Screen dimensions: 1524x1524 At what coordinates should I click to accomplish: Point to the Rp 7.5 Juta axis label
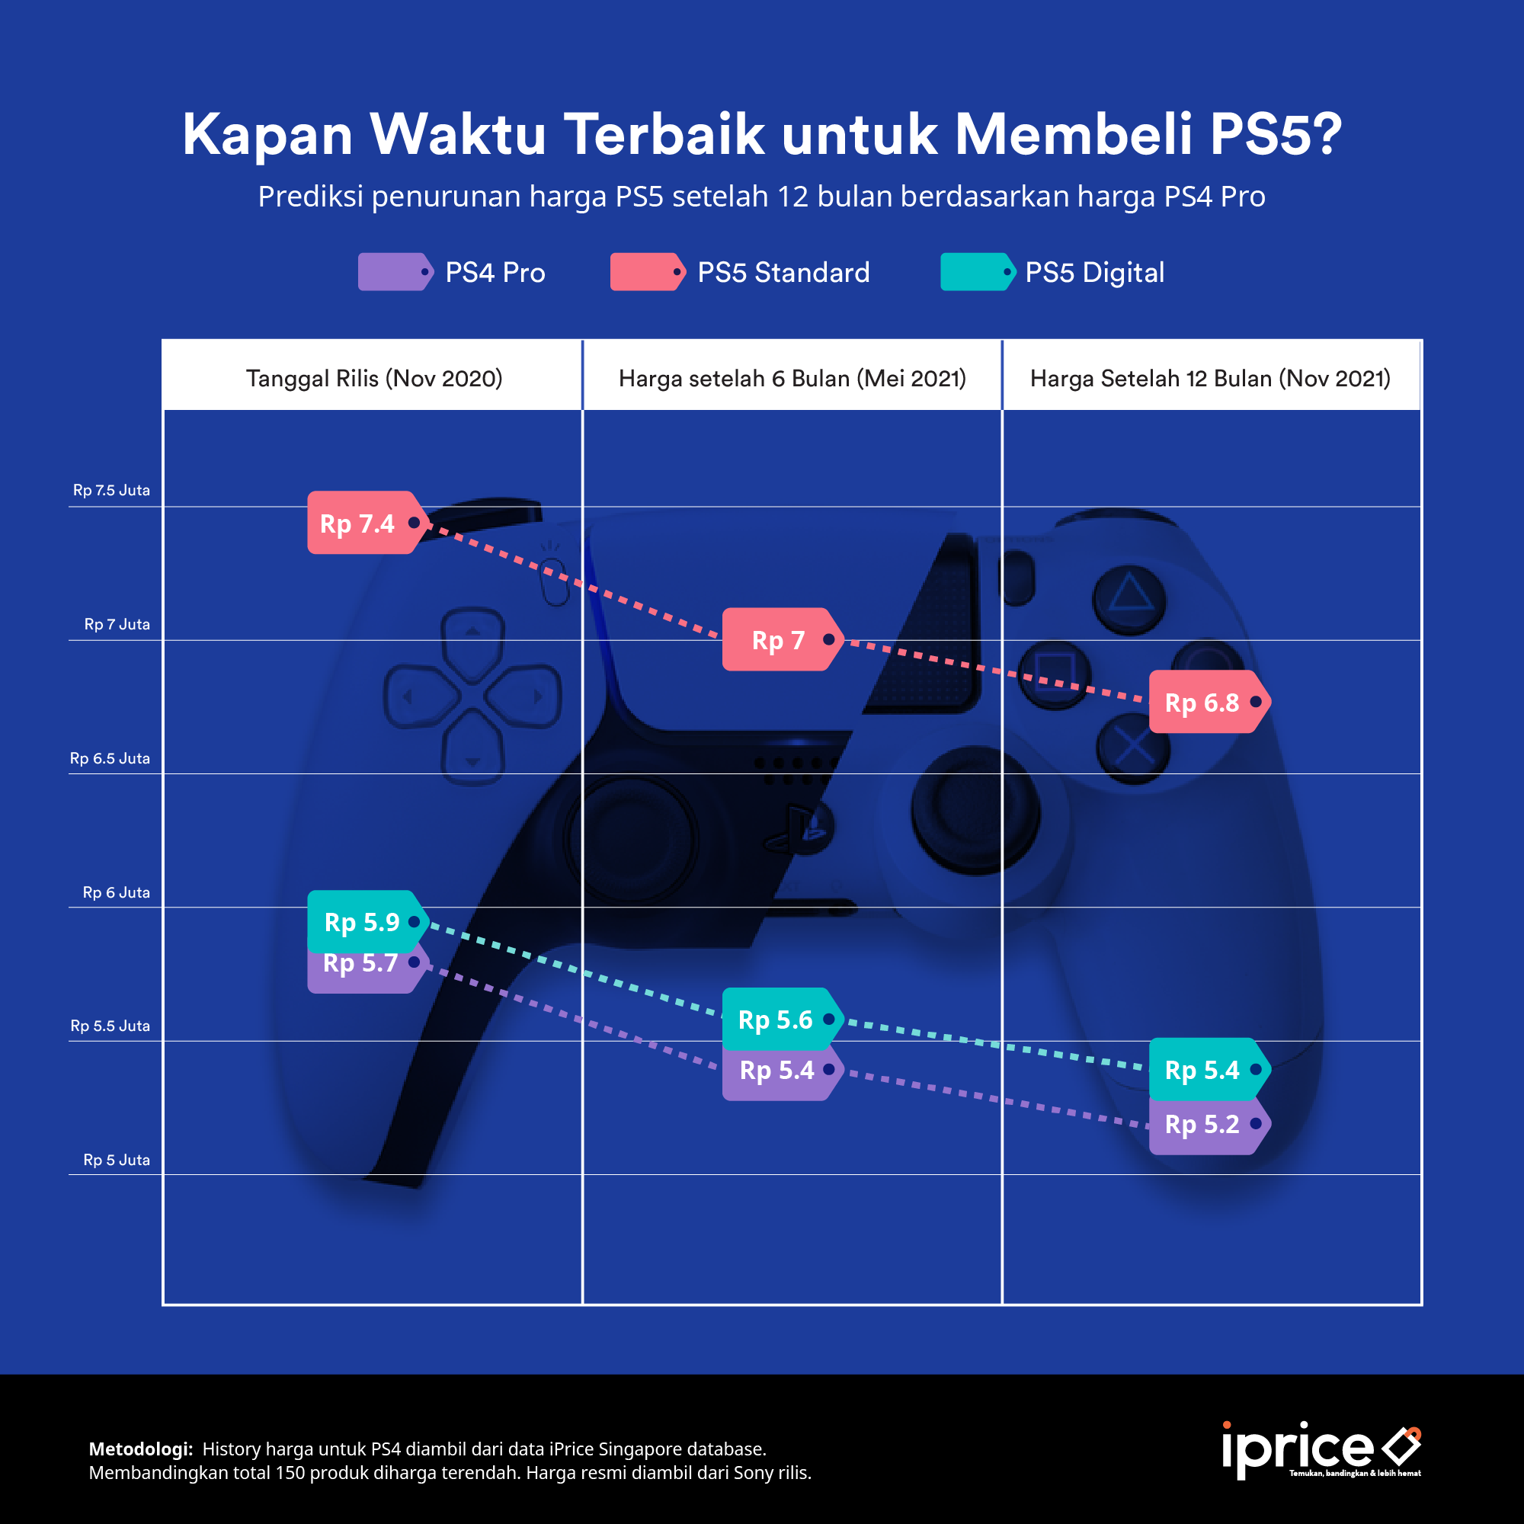[111, 490]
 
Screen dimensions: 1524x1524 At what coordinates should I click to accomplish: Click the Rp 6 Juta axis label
[116, 892]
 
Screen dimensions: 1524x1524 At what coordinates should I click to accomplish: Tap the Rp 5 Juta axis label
[116, 1160]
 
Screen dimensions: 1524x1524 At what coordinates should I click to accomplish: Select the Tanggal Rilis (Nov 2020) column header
[374, 379]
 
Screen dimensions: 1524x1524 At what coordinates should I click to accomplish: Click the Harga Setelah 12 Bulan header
[1210, 379]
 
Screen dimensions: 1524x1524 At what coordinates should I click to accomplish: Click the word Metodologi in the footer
[140, 1449]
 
